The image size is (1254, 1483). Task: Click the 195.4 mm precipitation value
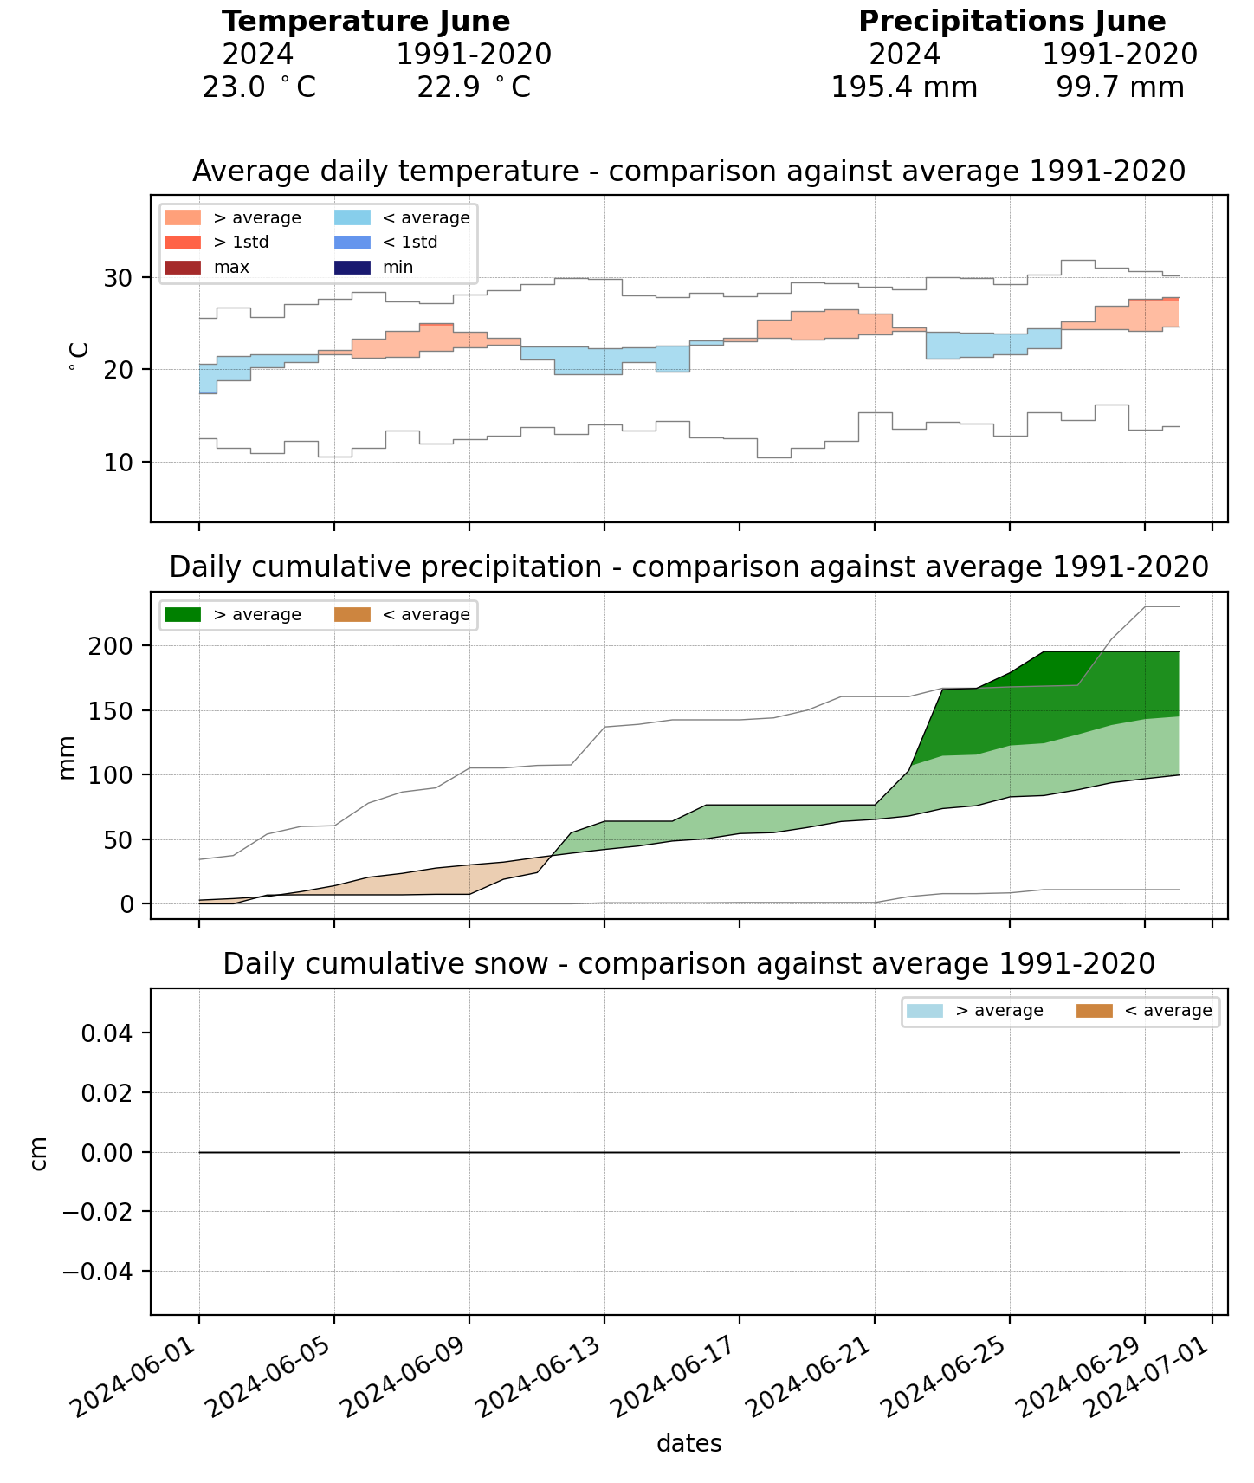click(903, 87)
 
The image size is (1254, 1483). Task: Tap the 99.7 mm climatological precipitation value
click(1119, 87)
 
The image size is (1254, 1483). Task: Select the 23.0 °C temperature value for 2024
click(258, 87)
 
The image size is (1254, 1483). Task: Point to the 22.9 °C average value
click(473, 87)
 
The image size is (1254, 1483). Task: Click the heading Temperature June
click(365, 22)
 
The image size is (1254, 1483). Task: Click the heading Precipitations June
click(1012, 22)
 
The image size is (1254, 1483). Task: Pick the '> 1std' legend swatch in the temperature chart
click(182, 243)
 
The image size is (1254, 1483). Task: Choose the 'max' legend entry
click(230, 268)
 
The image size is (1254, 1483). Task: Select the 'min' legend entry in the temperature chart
click(398, 268)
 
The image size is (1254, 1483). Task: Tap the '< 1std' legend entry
click(410, 243)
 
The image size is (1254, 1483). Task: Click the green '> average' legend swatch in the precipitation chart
click(182, 615)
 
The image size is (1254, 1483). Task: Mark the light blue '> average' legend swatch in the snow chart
click(924, 1011)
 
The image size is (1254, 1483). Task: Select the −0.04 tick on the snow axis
click(95, 1271)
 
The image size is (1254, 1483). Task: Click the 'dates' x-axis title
click(688, 1443)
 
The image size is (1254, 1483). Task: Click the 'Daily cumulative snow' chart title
click(688, 963)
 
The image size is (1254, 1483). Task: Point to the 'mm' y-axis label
click(68, 757)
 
